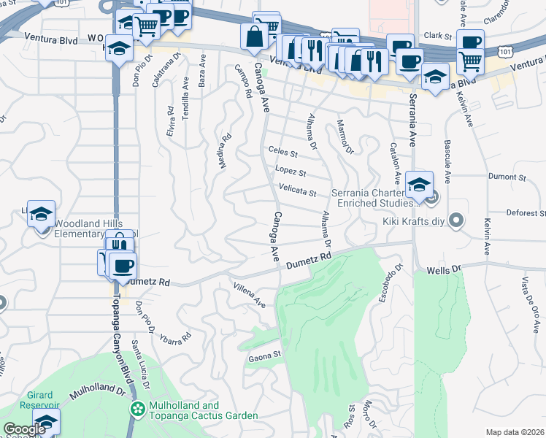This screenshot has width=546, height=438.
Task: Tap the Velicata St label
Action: click(297, 192)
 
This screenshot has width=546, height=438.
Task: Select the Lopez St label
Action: click(290, 172)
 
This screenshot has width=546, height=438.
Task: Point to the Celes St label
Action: click(283, 153)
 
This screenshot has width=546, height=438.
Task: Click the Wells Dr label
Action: click(444, 269)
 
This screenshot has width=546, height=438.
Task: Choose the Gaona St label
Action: click(265, 356)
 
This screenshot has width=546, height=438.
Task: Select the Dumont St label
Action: click(507, 177)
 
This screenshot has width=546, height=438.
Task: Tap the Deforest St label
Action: click(526, 213)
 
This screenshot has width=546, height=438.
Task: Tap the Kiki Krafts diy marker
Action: click(457, 219)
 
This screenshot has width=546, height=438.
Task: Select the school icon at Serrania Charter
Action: click(419, 185)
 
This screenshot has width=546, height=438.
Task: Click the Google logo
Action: click(23, 429)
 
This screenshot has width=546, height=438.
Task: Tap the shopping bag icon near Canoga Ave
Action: click(253, 36)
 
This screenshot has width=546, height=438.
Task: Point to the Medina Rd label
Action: click(226, 150)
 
